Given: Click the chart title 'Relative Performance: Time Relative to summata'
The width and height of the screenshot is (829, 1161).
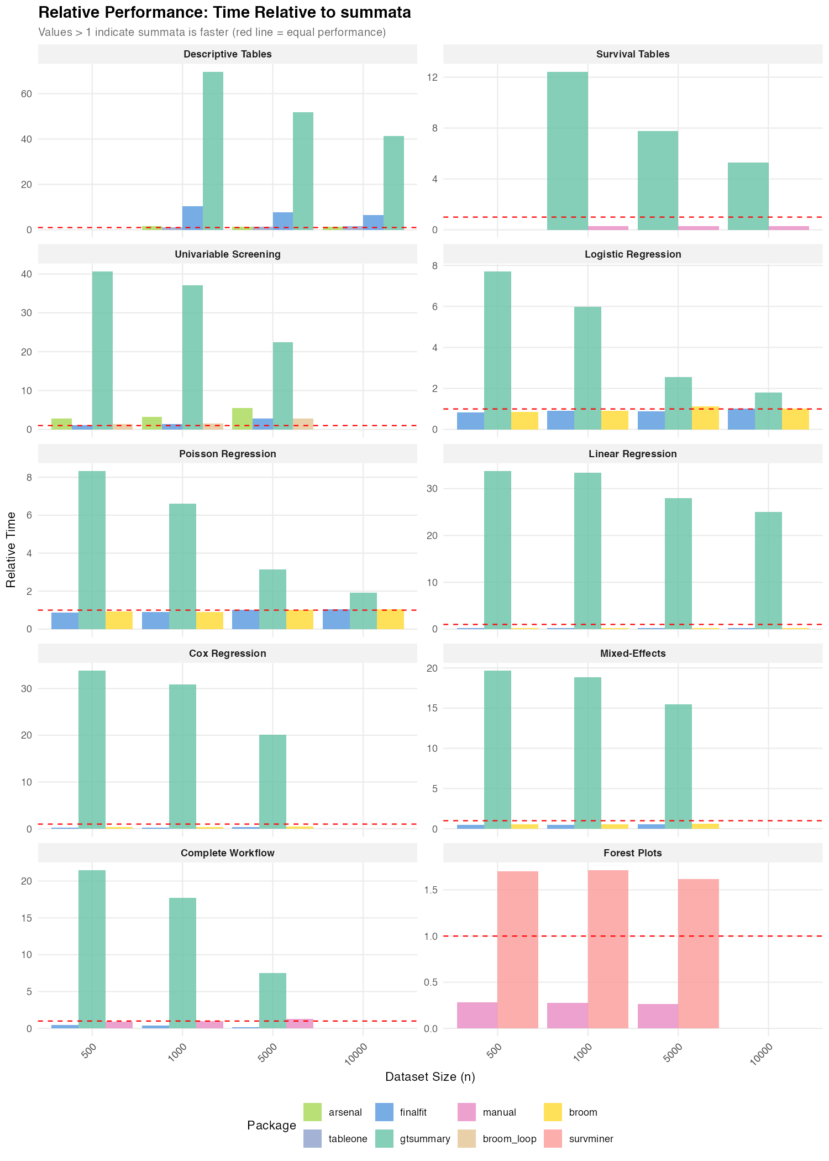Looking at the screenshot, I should [x=224, y=13].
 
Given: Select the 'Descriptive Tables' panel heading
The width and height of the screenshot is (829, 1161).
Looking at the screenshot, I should [x=227, y=54].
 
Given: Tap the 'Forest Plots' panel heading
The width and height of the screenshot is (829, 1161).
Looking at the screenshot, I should [x=632, y=853].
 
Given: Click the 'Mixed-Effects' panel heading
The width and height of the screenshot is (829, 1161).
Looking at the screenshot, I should [x=632, y=653].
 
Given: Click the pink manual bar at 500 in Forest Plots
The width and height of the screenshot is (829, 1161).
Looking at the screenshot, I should [x=477, y=1015].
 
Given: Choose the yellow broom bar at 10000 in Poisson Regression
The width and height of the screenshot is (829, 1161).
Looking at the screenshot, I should [x=390, y=619].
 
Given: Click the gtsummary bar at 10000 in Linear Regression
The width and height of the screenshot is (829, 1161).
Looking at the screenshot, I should [x=768, y=570].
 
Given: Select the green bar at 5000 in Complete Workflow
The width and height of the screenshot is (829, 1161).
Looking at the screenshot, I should [x=273, y=1001].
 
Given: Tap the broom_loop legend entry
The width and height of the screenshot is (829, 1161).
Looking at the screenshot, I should [x=510, y=1139].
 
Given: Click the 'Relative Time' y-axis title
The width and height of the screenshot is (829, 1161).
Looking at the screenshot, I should [x=11, y=550].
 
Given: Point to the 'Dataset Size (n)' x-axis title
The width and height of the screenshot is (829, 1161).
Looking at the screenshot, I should [x=430, y=1077].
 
